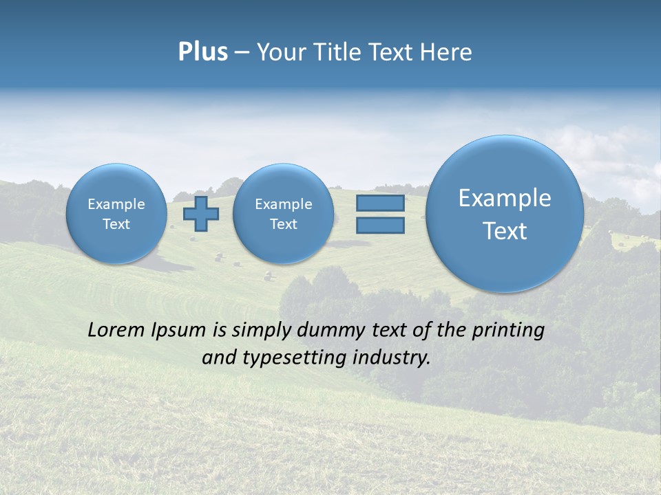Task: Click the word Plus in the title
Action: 202,52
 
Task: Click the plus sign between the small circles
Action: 201,213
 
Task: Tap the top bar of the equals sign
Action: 380,203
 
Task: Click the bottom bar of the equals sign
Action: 380,225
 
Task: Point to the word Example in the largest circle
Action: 505,198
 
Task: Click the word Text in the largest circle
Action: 505,231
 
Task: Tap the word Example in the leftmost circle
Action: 116,204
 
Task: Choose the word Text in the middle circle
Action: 283,224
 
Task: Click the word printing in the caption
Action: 508,331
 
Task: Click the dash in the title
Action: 242,52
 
